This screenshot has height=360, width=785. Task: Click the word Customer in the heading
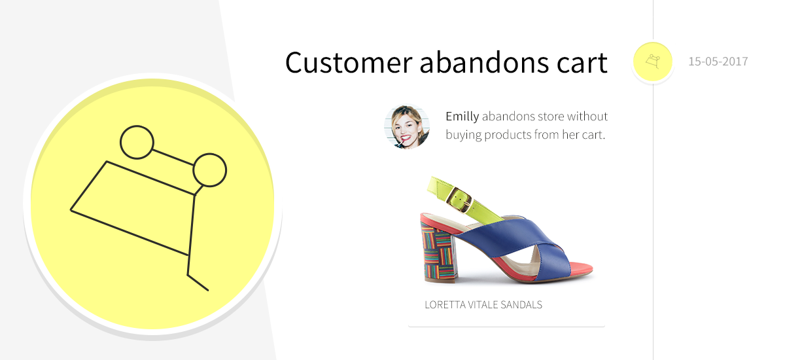tap(348, 63)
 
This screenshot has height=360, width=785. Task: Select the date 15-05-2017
tap(718, 62)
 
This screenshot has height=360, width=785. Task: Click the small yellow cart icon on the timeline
tap(652, 62)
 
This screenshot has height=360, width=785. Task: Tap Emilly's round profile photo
tap(407, 127)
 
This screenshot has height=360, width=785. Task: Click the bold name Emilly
tap(462, 117)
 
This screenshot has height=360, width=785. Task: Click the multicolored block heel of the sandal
tap(440, 252)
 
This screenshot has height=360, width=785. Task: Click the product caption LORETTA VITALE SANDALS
tap(483, 305)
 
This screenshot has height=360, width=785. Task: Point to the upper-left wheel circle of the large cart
tap(137, 141)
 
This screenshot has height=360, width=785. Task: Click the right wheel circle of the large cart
tap(209, 170)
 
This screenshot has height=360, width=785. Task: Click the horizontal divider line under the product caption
tap(506, 326)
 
